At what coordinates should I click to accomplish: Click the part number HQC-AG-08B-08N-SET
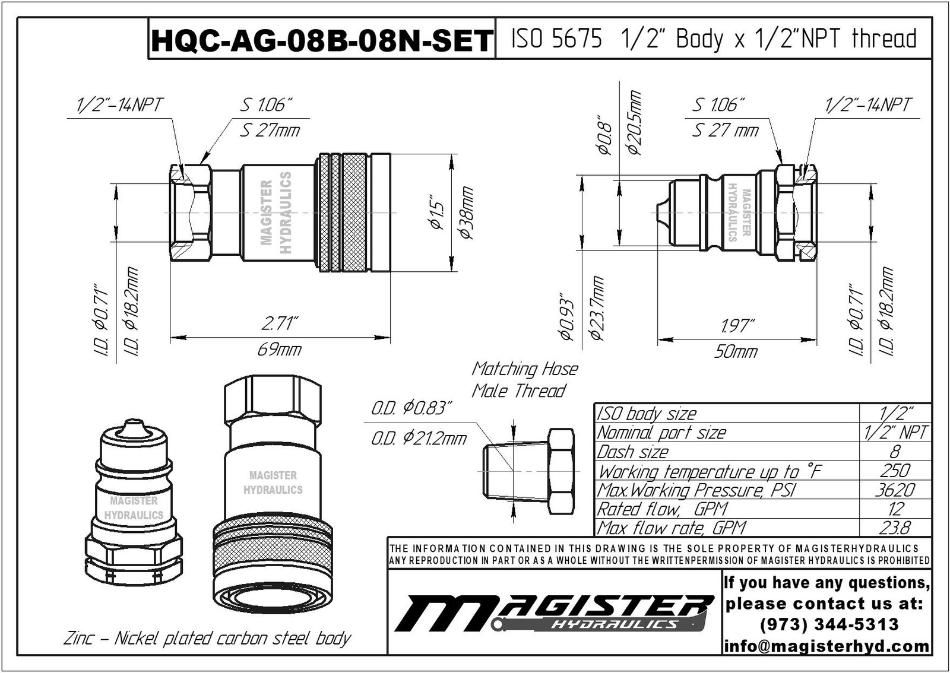[321, 40]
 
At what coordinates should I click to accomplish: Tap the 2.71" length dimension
[278, 324]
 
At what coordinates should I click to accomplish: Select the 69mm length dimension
[279, 350]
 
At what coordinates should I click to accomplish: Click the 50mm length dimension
[736, 352]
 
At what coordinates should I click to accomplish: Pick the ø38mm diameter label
[467, 212]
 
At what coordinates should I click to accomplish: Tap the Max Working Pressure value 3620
[895, 490]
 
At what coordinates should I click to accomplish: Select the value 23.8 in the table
[895, 528]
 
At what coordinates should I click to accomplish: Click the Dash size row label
[633, 452]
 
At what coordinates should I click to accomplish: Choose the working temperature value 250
[895, 471]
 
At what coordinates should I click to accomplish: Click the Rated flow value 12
[895, 509]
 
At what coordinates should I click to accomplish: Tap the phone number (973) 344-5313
[829, 624]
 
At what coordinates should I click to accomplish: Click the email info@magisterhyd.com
[826, 646]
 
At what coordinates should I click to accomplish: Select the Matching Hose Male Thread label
[524, 380]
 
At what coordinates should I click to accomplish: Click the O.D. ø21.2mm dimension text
[419, 439]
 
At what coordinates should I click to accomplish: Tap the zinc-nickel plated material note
[207, 639]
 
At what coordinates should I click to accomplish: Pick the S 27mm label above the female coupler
[270, 130]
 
